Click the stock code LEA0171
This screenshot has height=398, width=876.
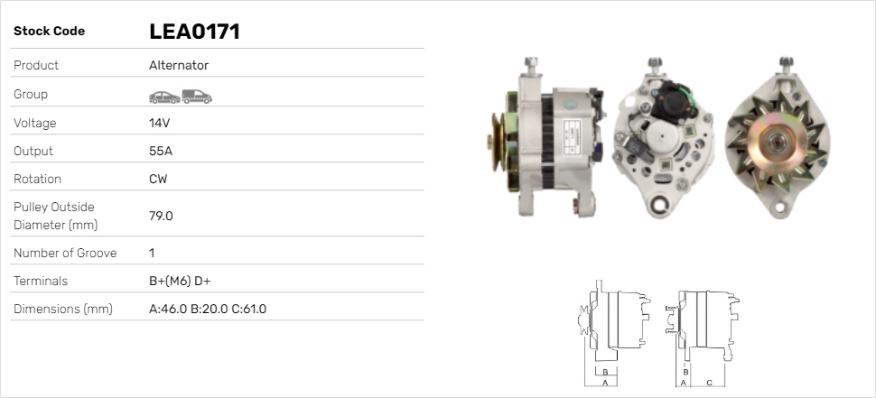coord(193,32)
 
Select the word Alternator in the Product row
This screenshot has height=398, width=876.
coord(179,65)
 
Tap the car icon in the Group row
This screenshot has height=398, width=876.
coord(163,96)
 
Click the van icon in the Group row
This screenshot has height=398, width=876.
coord(197,96)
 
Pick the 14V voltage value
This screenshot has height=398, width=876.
coord(160,123)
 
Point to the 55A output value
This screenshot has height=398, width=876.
coord(161,151)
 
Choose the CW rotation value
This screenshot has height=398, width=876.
coord(158,179)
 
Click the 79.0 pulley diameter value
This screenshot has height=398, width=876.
coord(161,216)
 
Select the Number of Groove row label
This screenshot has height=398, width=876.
coord(65,253)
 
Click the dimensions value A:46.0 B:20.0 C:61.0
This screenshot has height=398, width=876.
coord(207,309)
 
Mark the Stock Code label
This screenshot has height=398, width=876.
coord(49,32)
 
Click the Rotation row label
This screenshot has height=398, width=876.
coord(39,179)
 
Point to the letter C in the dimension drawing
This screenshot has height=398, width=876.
coord(709,383)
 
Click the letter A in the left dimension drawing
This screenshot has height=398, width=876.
coord(604,383)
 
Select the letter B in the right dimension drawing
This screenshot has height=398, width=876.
coord(686,371)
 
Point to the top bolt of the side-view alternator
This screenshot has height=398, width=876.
coord(531,63)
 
